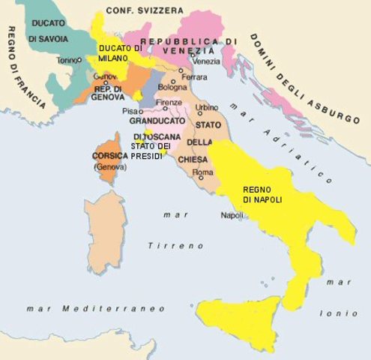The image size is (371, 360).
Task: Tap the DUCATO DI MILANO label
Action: [120, 53]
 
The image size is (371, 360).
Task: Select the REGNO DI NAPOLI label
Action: [262, 195]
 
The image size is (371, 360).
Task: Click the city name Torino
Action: [68, 60]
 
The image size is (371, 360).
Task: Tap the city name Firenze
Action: [169, 103]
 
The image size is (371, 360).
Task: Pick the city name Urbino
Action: [207, 107]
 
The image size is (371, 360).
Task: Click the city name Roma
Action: [203, 173]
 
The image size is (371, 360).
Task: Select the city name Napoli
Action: [232, 216]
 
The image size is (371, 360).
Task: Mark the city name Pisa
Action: [129, 111]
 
